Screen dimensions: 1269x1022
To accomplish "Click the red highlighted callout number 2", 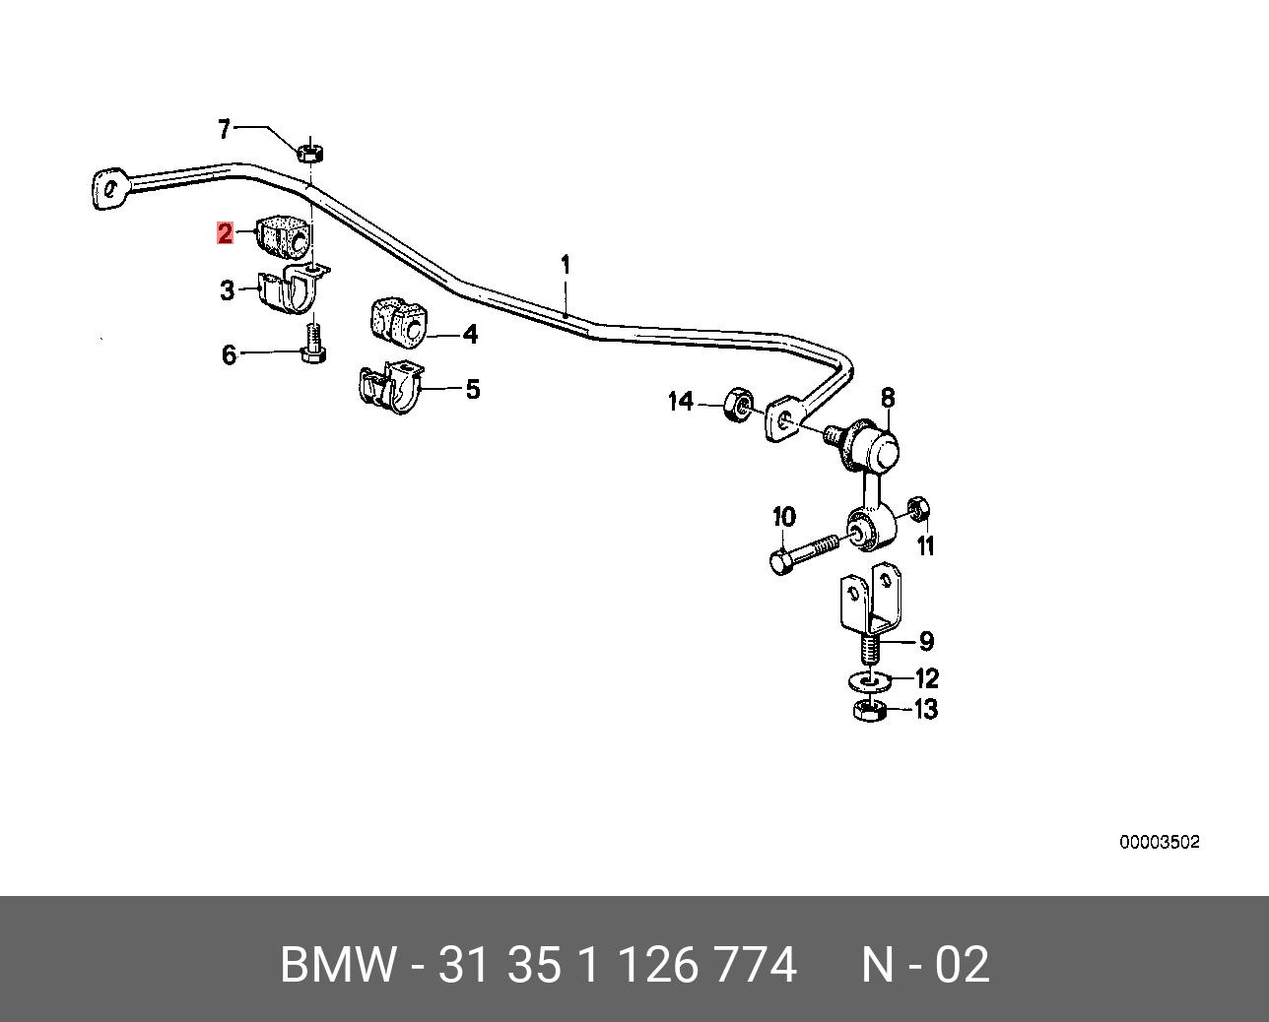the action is [x=225, y=233].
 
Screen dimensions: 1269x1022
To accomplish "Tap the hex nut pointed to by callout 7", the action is [x=309, y=152].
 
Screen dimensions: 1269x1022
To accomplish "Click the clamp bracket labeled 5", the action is [x=390, y=387].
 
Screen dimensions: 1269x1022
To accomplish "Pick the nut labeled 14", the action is [x=737, y=405].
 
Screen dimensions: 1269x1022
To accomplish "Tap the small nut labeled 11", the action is [x=918, y=508].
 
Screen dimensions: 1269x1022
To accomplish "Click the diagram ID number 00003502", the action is [x=1160, y=842].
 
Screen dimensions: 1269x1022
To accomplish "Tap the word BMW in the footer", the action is [x=338, y=965].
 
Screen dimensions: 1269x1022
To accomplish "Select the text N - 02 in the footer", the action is [x=925, y=965].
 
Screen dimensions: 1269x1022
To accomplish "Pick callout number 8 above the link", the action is [x=888, y=398].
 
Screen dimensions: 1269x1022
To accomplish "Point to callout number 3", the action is [x=227, y=290].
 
